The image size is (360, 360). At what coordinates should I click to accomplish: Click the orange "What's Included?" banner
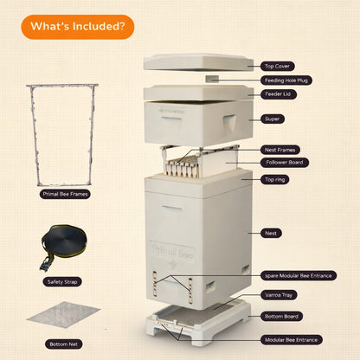pyautogui.click(x=77, y=27)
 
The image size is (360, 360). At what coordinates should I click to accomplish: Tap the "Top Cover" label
pyautogui.click(x=278, y=67)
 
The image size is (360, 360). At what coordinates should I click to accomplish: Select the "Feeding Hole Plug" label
pyautogui.click(x=286, y=80)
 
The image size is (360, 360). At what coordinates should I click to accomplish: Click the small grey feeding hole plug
pyautogui.click(x=212, y=79)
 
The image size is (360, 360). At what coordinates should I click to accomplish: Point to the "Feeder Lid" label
pyautogui.click(x=279, y=94)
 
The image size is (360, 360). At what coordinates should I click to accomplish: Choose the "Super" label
pyautogui.click(x=273, y=119)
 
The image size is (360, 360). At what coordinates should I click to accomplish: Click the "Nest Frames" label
pyautogui.click(x=280, y=150)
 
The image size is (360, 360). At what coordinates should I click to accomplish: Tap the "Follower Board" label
pyautogui.click(x=285, y=163)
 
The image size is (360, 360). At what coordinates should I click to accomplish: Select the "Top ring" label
pyautogui.click(x=275, y=179)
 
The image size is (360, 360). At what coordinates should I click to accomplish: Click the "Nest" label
pyautogui.click(x=271, y=233)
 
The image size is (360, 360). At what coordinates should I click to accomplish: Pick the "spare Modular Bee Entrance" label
pyautogui.click(x=299, y=276)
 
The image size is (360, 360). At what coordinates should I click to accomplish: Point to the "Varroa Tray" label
pyautogui.click(x=279, y=295)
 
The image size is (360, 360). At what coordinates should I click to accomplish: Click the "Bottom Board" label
pyautogui.click(x=281, y=317)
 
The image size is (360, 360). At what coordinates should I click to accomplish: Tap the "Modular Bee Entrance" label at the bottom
pyautogui.click(x=292, y=340)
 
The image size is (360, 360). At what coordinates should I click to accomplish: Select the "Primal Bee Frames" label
pyautogui.click(x=65, y=194)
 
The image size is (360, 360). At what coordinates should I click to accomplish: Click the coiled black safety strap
pyautogui.click(x=63, y=245)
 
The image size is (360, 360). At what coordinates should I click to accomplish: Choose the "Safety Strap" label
pyautogui.click(x=62, y=282)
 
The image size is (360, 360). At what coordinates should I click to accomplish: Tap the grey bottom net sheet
pyautogui.click(x=63, y=314)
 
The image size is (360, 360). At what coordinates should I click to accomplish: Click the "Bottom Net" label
pyautogui.click(x=63, y=344)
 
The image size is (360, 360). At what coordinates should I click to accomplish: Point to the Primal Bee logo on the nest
pyautogui.click(x=173, y=254)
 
